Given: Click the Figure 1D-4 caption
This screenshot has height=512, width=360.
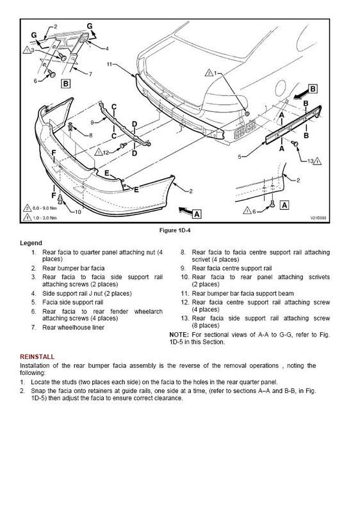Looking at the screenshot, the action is tap(175, 230).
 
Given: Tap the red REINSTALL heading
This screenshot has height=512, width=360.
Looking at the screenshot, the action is tap(37, 356).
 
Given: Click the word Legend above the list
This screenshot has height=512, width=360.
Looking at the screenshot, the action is tap(31, 243).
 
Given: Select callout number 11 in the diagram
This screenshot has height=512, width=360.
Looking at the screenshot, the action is tap(110, 64).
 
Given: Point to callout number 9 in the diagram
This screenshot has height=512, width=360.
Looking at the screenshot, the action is tap(92, 122).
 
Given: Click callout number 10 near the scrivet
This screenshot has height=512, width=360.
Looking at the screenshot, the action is tap(78, 212).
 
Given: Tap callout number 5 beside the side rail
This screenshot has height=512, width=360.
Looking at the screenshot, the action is tap(240, 157).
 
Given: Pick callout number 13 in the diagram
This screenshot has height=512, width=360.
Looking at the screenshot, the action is tap(311, 161).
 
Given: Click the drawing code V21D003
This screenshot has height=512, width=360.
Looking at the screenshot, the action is tap(318, 218).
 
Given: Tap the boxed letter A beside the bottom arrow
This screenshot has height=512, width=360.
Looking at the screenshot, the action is tap(196, 214).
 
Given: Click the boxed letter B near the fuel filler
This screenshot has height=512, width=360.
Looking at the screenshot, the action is tap(313, 89).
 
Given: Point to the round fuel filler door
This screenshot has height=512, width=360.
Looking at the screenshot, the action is tap(281, 88).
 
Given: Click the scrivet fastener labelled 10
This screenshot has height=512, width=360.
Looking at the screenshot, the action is tap(60, 199).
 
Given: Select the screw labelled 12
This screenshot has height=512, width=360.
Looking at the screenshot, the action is tap(124, 145).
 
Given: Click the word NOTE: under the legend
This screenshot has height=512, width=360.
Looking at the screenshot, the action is tap(179, 335).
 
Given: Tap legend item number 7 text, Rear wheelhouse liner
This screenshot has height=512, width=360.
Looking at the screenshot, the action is tap(73, 327).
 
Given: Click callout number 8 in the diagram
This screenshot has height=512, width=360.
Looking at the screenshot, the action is tap(90, 135).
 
